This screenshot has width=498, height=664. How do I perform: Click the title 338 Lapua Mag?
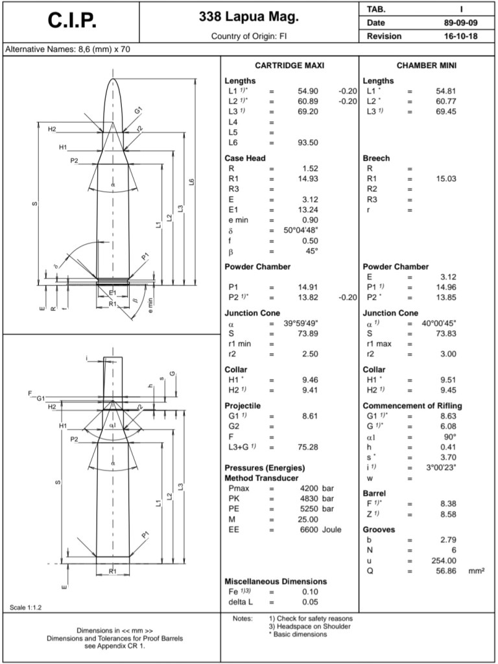click(248, 16)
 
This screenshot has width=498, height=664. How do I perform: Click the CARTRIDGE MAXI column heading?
click(289, 66)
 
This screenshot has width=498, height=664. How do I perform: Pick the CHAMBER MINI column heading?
click(427, 66)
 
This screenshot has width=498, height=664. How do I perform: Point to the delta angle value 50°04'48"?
click(301, 230)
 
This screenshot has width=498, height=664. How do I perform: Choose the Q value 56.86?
click(447, 571)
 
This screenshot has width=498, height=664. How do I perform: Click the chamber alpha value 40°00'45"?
click(439, 323)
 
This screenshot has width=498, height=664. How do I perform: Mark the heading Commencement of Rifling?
click(412, 406)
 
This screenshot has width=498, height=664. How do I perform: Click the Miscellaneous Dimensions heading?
click(276, 581)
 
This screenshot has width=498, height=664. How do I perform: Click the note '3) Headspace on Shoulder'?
click(310, 626)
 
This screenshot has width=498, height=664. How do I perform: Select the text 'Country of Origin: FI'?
click(248, 36)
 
